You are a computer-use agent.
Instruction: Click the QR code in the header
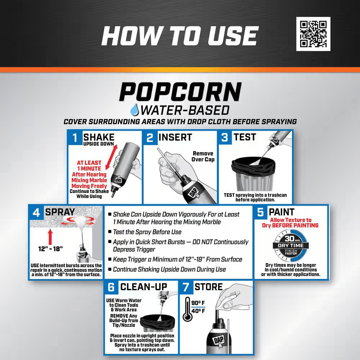[313, 34]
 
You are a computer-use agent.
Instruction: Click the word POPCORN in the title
[180, 92]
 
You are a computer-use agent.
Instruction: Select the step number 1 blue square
[75, 138]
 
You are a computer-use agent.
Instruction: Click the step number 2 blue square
[150, 138]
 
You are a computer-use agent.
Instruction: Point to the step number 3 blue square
[225, 138]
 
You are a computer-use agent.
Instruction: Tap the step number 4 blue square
[36, 212]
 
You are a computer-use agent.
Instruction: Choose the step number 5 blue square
[260, 212]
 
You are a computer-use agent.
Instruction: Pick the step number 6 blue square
[111, 287]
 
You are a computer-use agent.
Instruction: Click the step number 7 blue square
[186, 287]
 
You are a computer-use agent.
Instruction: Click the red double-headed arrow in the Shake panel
[111, 157]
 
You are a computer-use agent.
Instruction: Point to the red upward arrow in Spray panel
[50, 237]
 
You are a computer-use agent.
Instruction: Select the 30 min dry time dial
[291, 246]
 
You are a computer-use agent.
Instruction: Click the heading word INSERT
[175, 137]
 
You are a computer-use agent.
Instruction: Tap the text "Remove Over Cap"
[203, 156]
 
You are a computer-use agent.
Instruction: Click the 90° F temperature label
[198, 303]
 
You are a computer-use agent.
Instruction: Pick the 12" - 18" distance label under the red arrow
[50, 249]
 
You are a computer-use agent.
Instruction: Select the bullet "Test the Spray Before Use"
[145, 232]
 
